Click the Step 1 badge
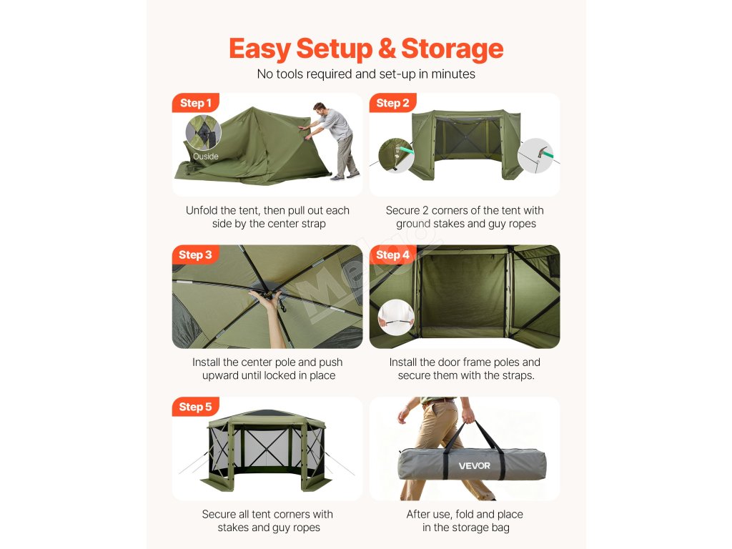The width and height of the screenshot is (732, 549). [x=196, y=103]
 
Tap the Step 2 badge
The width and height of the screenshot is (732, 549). [x=392, y=103]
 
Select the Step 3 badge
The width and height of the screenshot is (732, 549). [x=195, y=255]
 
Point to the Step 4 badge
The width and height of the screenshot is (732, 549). [x=392, y=255]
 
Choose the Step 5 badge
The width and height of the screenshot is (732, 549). [x=195, y=407]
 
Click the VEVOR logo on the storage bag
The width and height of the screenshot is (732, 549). [x=475, y=465]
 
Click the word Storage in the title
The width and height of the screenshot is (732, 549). [x=452, y=49]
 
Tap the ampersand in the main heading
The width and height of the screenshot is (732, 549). [x=387, y=49]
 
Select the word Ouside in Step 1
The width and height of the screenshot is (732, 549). [x=205, y=157]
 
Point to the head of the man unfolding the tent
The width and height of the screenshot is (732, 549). [x=320, y=109]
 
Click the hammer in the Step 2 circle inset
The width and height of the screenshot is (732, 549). [x=543, y=153]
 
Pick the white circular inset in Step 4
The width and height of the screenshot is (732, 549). [x=396, y=317]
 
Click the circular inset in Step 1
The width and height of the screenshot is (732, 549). [x=203, y=132]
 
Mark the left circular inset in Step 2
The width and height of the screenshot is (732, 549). [x=396, y=155]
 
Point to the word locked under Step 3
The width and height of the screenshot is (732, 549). [x=278, y=376]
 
